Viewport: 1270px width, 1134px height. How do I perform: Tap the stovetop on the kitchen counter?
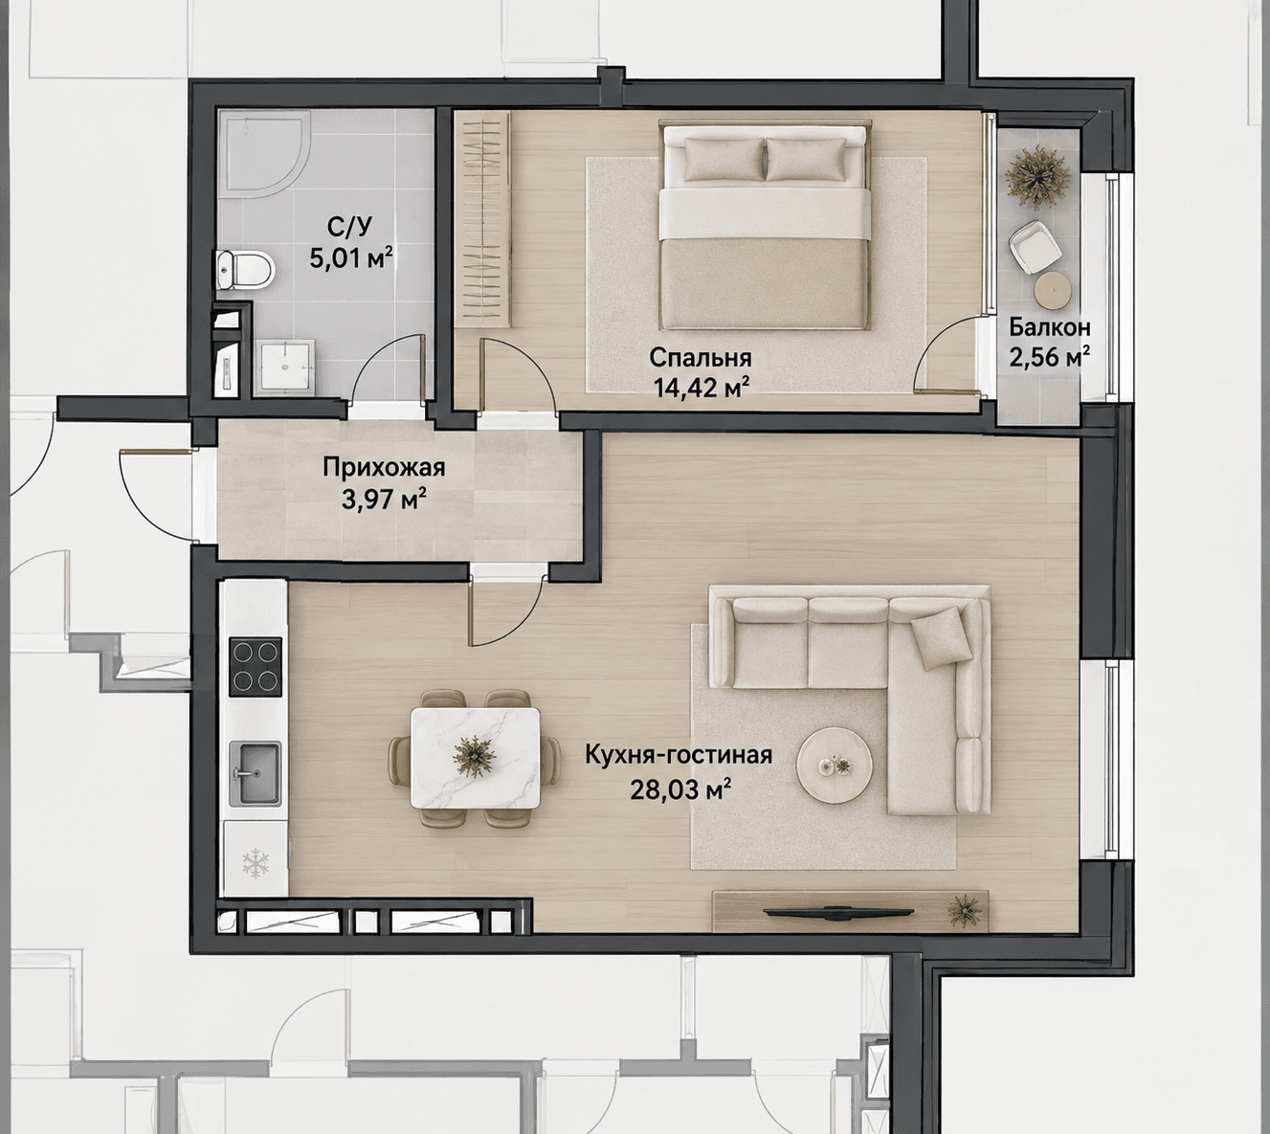click(256, 666)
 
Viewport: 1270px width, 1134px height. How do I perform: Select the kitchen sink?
click(255, 773)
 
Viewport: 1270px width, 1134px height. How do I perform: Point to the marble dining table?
click(475, 757)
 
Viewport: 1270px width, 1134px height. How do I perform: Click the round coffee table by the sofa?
click(833, 765)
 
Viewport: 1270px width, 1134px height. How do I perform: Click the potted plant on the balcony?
click(1038, 176)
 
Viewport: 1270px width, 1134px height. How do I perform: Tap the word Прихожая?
click(384, 468)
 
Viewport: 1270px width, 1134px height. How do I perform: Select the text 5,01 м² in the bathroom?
click(351, 257)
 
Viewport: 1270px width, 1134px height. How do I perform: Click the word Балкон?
click(1049, 328)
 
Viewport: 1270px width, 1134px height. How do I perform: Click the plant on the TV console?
click(963, 911)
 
